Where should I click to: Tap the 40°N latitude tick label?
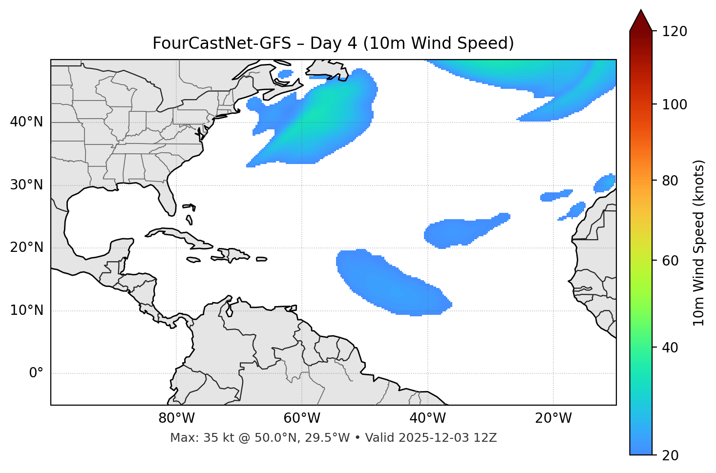point(26,122)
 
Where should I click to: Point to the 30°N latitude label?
point(26,185)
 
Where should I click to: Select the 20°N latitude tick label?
point(26,247)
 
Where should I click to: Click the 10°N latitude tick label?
point(26,310)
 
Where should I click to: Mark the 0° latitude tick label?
point(36,373)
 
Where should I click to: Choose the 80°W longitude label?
point(176,418)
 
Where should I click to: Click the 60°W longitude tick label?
point(302,418)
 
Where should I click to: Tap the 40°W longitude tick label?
point(427,418)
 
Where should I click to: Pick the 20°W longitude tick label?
point(553,418)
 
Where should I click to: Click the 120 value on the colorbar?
point(674,32)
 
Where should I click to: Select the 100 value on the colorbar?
point(674,104)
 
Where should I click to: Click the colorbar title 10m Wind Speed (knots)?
point(699,243)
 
